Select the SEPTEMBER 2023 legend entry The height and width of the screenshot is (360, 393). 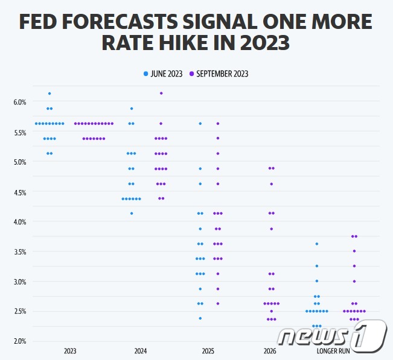click(x=219, y=74)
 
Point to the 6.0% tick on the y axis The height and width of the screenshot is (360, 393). click(x=20, y=103)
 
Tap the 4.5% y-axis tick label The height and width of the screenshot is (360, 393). click(x=20, y=192)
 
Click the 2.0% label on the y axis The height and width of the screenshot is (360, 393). click(x=20, y=341)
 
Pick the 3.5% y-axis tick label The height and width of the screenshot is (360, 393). click(x=20, y=252)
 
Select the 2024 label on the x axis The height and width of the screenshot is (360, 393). click(x=141, y=351)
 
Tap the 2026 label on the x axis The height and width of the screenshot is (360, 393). click(x=271, y=351)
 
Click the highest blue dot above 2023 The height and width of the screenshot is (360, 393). click(x=50, y=93)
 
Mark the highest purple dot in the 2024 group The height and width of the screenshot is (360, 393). click(x=161, y=93)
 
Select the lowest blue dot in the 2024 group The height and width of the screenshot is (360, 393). click(x=132, y=213)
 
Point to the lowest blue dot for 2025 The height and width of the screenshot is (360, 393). click(x=200, y=318)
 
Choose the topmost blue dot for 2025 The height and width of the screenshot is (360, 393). click(x=200, y=124)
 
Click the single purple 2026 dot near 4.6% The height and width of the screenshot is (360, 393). click(x=272, y=184)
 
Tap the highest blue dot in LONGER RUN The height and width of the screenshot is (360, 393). click(x=317, y=244)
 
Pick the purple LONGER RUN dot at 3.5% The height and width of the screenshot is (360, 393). click(x=354, y=251)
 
